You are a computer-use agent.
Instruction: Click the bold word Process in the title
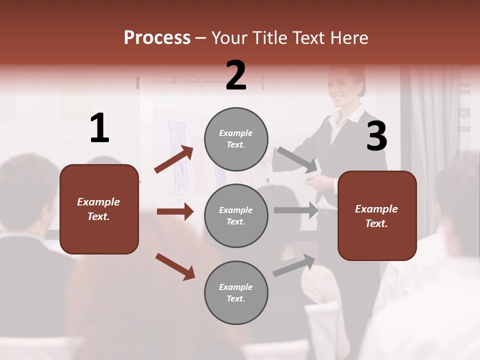point(157,38)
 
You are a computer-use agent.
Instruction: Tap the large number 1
point(99,128)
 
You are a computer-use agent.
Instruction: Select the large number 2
point(236,75)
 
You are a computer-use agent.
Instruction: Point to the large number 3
point(376,136)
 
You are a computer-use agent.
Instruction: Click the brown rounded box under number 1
point(99,209)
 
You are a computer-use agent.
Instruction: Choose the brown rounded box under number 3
point(377,215)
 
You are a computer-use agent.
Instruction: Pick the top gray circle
point(236,138)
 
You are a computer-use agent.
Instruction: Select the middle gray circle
point(236,215)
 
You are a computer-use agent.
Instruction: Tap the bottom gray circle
point(236,292)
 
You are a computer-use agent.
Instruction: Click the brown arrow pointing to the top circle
point(174,159)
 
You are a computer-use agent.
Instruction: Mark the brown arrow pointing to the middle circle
point(175,211)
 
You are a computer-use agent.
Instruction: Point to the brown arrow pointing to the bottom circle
point(175,266)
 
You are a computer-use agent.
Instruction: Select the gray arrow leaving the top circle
point(297,159)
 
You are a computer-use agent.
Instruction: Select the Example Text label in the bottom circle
point(236,293)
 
